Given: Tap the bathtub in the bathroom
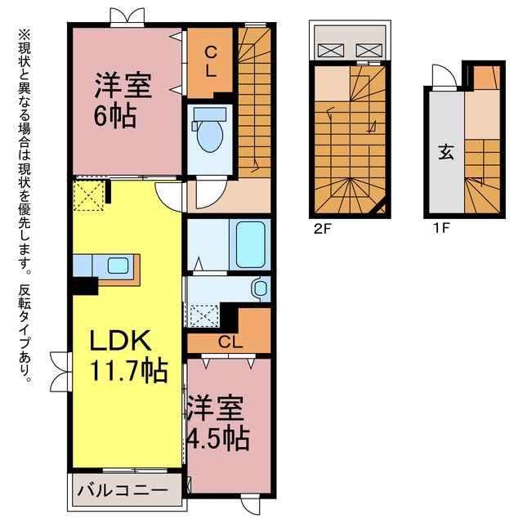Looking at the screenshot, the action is tap(251, 244).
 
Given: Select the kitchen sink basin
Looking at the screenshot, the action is tap(118, 266).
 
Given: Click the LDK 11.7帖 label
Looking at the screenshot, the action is tap(128, 355).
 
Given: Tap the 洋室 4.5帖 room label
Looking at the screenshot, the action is tap(218, 422).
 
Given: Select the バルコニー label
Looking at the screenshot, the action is tap(123, 490).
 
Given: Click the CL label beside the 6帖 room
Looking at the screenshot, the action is tap(211, 62).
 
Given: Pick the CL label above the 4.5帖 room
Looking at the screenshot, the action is tap(230, 342).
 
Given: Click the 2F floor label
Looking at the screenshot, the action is tap(322, 229).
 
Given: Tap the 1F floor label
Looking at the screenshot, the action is tap(441, 229).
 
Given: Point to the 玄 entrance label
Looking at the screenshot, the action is tap(446, 153).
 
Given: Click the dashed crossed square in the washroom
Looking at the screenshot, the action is tap(204, 315).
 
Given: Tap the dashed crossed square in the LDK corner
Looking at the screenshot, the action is tap(88, 195).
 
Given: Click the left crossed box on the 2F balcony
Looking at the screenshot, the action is tap(330, 51).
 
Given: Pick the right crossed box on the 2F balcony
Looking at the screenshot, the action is tap(369, 51).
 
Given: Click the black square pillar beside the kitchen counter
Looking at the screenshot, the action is tap(85, 285).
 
